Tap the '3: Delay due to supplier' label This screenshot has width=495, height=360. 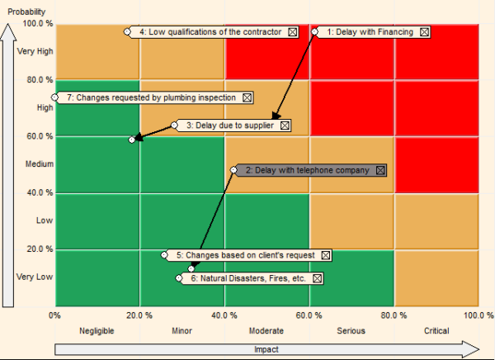pyautogui.click(x=230, y=126)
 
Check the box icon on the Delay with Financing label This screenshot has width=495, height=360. pyautogui.click(x=424, y=32)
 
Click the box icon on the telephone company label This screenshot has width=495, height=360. pyautogui.click(x=380, y=170)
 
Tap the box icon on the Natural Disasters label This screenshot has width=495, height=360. pyautogui.click(x=318, y=279)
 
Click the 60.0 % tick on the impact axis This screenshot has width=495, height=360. pyautogui.click(x=309, y=315)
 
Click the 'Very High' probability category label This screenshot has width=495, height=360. pyautogui.click(x=35, y=51)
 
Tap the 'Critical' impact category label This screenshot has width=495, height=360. pyautogui.click(x=436, y=331)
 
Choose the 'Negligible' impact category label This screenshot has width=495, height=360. pyautogui.click(x=97, y=331)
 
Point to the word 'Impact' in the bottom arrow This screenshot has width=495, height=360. pyautogui.click(x=266, y=349)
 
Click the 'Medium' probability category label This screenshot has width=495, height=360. pyautogui.click(x=37, y=164)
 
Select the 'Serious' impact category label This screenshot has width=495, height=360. pyautogui.click(x=351, y=331)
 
